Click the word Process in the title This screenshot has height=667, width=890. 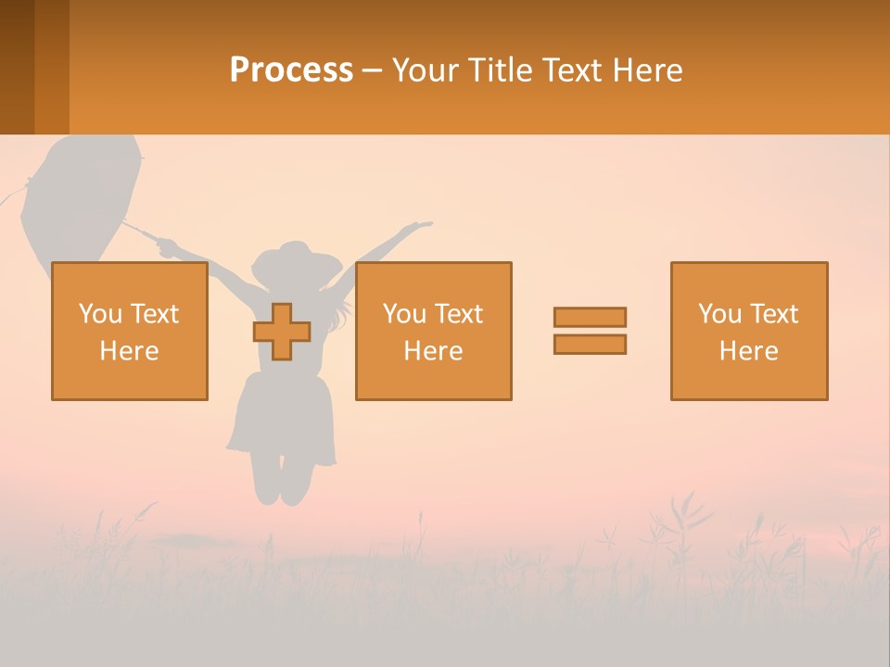291,70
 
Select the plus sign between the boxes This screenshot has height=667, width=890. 282,332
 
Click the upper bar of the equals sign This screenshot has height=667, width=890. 590,317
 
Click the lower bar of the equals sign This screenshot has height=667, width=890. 590,344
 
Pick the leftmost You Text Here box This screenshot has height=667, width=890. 130,331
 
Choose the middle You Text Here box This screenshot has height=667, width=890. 433,331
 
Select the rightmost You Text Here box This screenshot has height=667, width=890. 748,331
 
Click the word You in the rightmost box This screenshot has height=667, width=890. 718,314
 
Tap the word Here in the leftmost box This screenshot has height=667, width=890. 130,351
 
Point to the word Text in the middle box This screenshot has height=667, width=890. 459,314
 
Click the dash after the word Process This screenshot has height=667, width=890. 373,70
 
